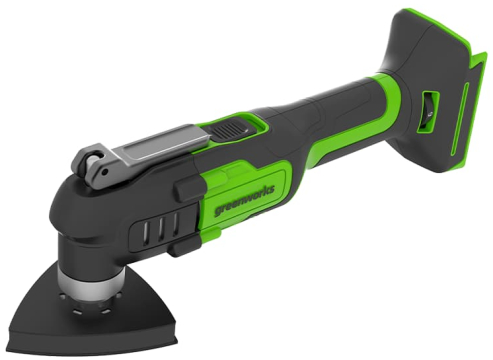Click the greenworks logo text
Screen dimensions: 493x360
(x=244, y=201)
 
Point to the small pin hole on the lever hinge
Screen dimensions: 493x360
(x=105, y=172)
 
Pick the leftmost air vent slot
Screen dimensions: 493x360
(x=147, y=229)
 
